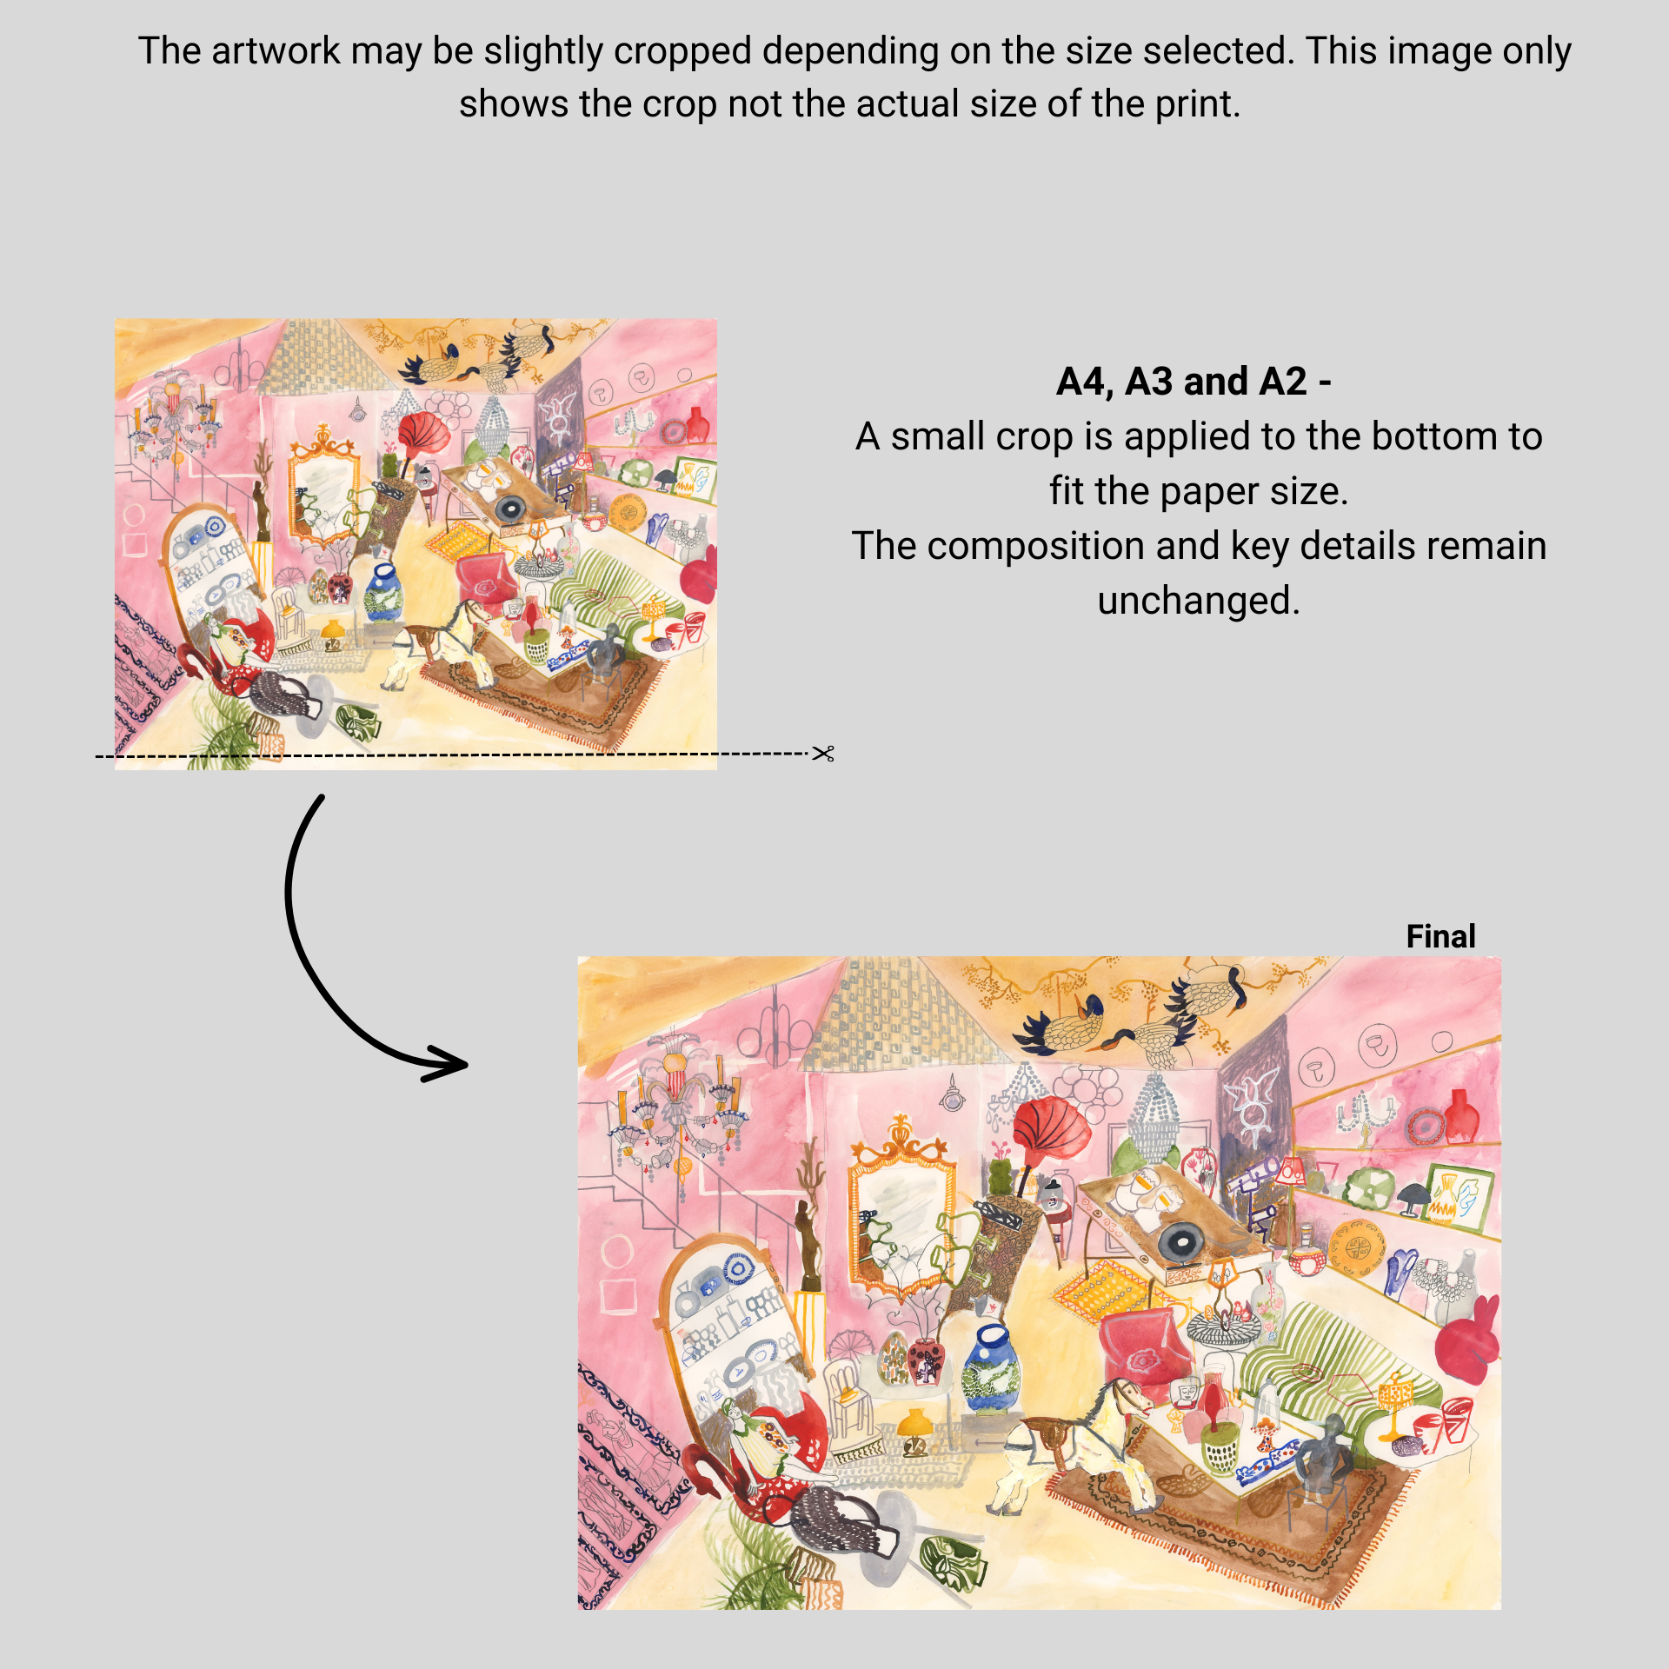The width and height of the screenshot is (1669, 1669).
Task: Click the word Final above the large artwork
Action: pyautogui.click(x=1440, y=936)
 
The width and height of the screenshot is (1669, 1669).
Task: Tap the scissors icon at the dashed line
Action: pyautogui.click(x=823, y=754)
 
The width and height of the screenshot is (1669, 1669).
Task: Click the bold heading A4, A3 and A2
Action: pyautogui.click(x=1193, y=382)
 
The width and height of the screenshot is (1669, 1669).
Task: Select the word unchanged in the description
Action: pyautogui.click(x=1198, y=601)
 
